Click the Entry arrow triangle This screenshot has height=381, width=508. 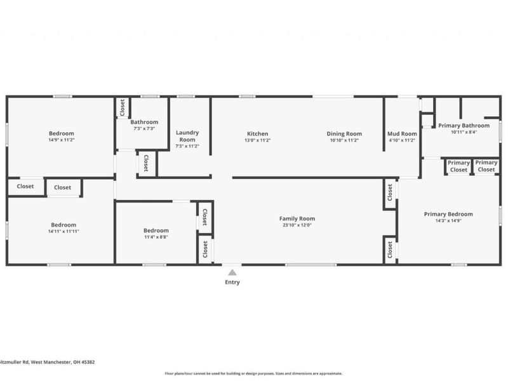pyautogui.click(x=232, y=272)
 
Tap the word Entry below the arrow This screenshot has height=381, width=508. pyautogui.click(x=232, y=283)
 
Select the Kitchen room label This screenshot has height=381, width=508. pyautogui.click(x=258, y=133)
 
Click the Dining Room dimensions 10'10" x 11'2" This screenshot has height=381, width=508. pyautogui.click(x=344, y=140)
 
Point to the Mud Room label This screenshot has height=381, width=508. pyautogui.click(x=402, y=133)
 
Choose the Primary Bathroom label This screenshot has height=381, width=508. pyautogui.click(x=464, y=126)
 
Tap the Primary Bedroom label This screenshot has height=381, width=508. pyautogui.click(x=448, y=214)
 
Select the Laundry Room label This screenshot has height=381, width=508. pyautogui.click(x=187, y=136)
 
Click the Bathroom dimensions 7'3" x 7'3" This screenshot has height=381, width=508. pyautogui.click(x=144, y=128)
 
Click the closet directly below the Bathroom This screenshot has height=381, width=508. pyautogui.click(x=146, y=163)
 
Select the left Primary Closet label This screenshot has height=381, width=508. pyautogui.click(x=458, y=166)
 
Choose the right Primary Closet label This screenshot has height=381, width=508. pyautogui.click(x=486, y=166)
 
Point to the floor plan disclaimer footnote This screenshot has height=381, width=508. pyautogui.click(x=253, y=373)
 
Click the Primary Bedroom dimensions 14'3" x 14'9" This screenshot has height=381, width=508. pyautogui.click(x=448, y=221)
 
